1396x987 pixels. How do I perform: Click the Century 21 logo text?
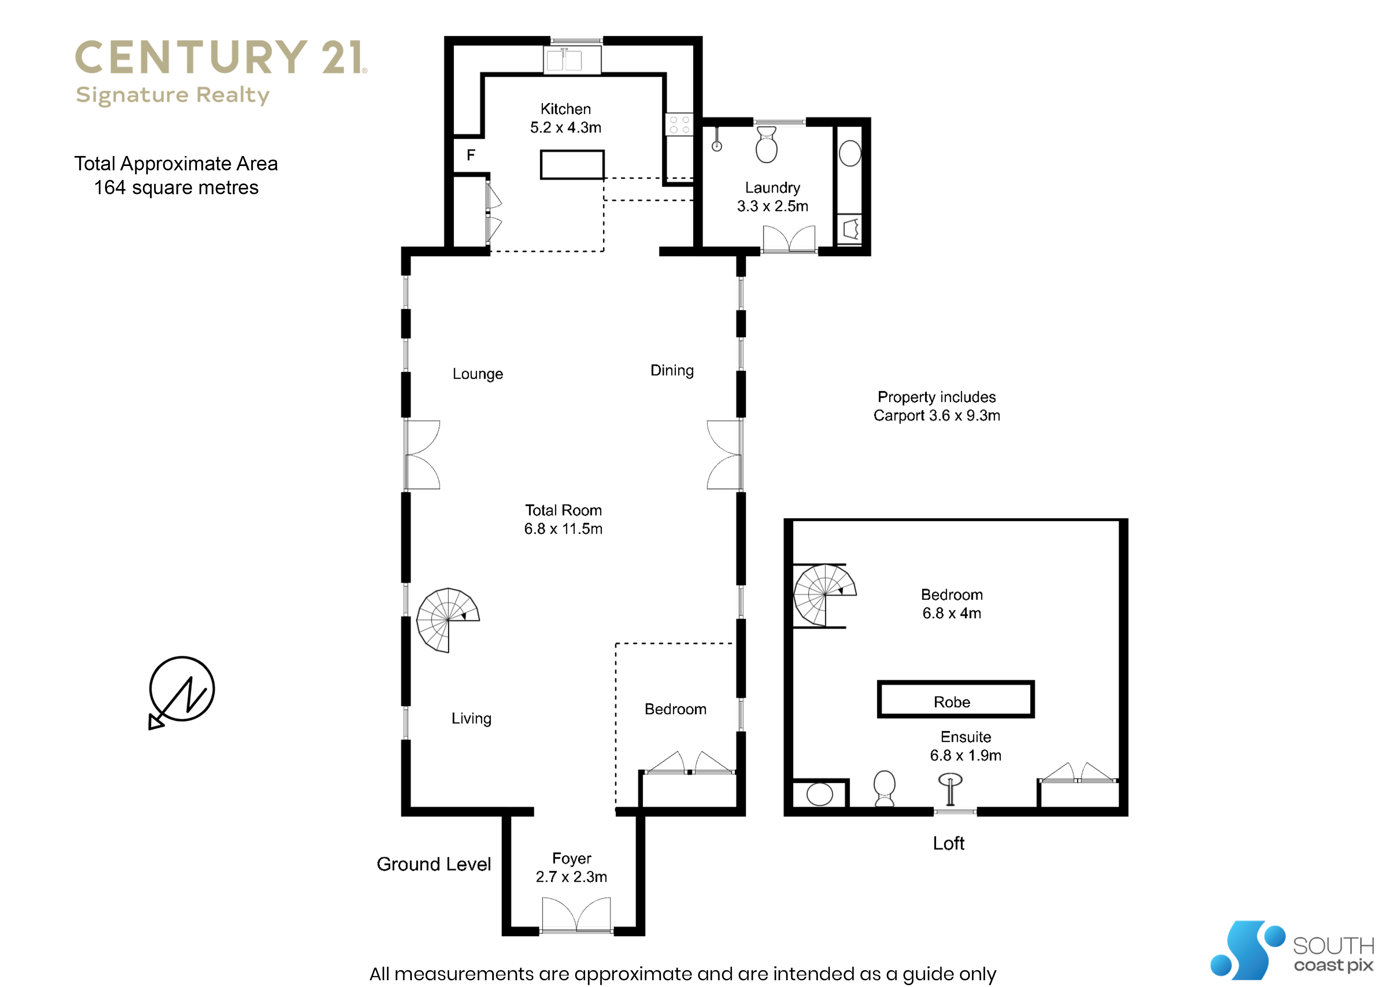click(x=221, y=58)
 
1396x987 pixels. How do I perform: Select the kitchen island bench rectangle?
click(x=572, y=165)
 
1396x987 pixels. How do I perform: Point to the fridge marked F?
click(x=471, y=155)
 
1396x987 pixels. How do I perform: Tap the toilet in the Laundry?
click(x=767, y=144)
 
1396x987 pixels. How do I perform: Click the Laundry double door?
click(x=789, y=238)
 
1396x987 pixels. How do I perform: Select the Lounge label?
click(x=478, y=374)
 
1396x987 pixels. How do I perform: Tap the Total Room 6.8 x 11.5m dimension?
click(x=563, y=529)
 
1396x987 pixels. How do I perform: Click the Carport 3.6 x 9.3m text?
click(x=937, y=416)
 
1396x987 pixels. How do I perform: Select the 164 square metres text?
click(x=176, y=188)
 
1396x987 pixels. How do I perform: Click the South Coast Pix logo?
click(x=1292, y=950)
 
